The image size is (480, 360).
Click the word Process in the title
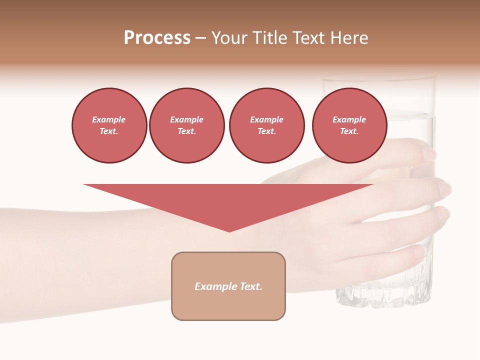pos(157,38)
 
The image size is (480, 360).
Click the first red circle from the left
pos(109,125)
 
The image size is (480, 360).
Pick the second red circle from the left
pos(186,125)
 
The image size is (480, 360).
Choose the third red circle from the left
pos(266,125)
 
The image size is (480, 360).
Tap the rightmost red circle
pos(349,125)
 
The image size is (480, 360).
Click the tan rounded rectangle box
pos(228,286)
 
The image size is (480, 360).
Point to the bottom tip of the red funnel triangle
pos(229,231)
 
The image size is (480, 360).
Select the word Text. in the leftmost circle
pos(109,131)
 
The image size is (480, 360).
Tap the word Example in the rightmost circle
pos(349,119)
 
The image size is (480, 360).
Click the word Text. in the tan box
pos(252,286)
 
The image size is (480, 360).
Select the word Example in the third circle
pos(266,119)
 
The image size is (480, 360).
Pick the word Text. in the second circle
pos(186,131)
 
